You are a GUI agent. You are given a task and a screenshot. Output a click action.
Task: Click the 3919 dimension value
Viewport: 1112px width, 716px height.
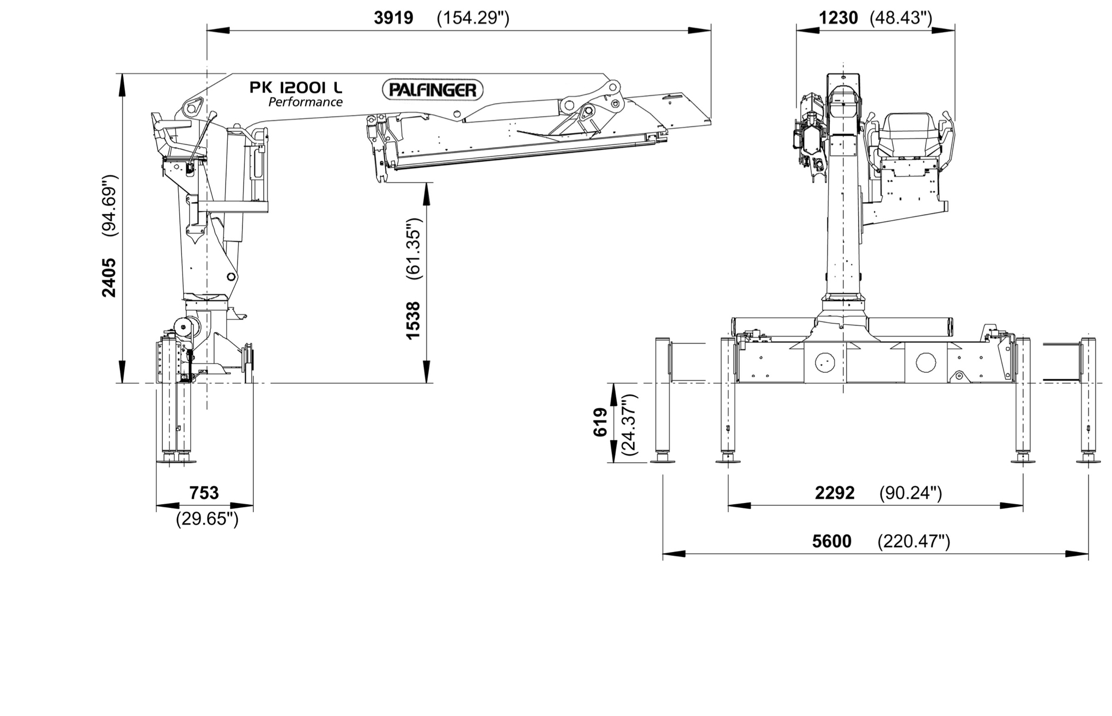click(x=393, y=18)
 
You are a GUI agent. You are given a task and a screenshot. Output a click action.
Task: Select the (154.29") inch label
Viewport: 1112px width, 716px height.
click(x=473, y=18)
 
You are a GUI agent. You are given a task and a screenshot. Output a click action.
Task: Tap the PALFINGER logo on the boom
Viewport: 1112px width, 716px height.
click(x=433, y=90)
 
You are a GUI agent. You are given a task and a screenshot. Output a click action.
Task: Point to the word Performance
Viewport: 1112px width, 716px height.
click(x=305, y=102)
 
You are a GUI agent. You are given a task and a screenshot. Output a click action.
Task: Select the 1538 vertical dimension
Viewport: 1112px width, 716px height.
click(x=414, y=320)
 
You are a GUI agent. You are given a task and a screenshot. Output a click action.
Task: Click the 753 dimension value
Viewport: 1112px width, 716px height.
click(x=204, y=493)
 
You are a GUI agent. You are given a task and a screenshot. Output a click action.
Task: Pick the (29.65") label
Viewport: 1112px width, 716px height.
click(x=207, y=519)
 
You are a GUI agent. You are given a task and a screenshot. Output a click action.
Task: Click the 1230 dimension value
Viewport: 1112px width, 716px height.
click(x=838, y=18)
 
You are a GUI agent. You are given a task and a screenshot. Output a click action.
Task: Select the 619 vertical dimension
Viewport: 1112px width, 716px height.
click(x=600, y=422)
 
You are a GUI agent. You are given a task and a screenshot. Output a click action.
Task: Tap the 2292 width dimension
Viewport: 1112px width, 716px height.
click(x=835, y=493)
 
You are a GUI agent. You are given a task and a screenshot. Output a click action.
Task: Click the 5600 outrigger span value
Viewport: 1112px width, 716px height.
click(x=831, y=541)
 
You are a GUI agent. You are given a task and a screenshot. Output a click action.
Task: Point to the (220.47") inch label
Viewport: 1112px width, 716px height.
click(x=914, y=541)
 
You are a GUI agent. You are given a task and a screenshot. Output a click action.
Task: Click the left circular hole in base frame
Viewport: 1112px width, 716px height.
click(x=825, y=362)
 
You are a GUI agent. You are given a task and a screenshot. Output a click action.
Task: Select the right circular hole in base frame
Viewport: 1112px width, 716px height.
click(x=925, y=362)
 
